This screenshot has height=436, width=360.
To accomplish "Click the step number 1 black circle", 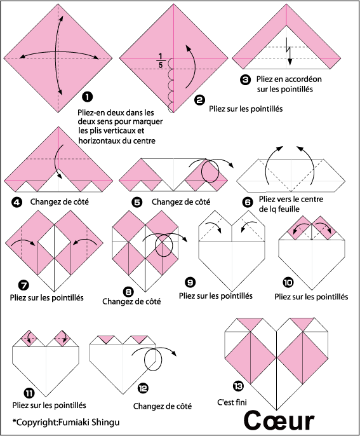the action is tap(88, 97).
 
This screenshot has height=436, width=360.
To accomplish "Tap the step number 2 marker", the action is tap(200, 100).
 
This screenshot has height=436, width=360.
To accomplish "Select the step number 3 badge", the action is tap(245, 80).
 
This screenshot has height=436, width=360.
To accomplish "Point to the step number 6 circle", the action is tap(248, 202).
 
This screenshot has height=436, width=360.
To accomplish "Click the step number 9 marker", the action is tap(190, 282).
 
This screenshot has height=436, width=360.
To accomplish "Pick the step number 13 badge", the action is tap(238, 386).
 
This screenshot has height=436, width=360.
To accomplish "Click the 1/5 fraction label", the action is tap(161, 60).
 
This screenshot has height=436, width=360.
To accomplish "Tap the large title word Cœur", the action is tap(279, 421).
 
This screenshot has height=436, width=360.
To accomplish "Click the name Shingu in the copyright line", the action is tap(105, 423).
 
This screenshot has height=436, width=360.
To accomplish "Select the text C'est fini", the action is tap(232, 402).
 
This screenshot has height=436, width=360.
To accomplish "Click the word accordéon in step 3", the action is tap(303, 79).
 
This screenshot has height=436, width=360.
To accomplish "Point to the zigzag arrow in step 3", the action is tap(289, 51).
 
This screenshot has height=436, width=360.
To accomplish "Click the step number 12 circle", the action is tap(143, 388).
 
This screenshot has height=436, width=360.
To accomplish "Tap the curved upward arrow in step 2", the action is tap(191, 67).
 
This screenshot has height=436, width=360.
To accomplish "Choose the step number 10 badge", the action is tap(288, 282).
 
